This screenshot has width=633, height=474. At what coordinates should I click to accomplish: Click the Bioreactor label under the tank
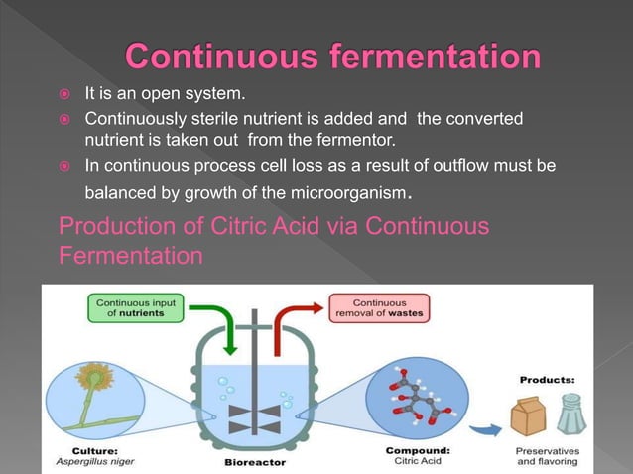257,462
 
